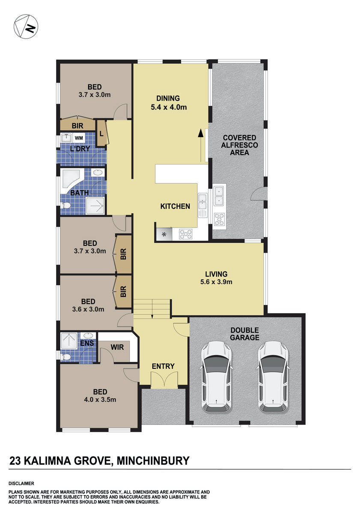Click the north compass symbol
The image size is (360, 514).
tap(24, 26)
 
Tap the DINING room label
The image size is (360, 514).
tap(168, 98)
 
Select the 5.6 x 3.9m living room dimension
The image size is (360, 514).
tap(216, 282)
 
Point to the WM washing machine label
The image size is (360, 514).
tap(79, 138)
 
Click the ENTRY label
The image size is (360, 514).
tap(163, 366)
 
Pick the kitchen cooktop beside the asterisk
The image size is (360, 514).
tap(185, 234)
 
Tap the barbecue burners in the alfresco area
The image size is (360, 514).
tap(219, 219)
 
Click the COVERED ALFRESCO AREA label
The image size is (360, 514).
tap(239, 145)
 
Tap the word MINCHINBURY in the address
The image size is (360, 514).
tap(152, 461)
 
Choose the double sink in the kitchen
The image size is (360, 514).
tap(202, 201)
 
